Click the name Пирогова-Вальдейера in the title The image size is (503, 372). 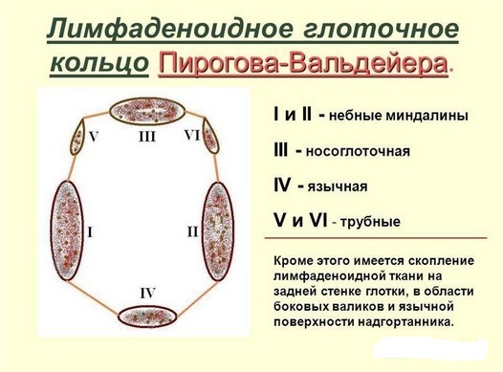click(x=303, y=64)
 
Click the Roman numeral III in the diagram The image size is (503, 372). click(x=146, y=138)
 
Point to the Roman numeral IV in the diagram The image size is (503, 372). click(x=146, y=291)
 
